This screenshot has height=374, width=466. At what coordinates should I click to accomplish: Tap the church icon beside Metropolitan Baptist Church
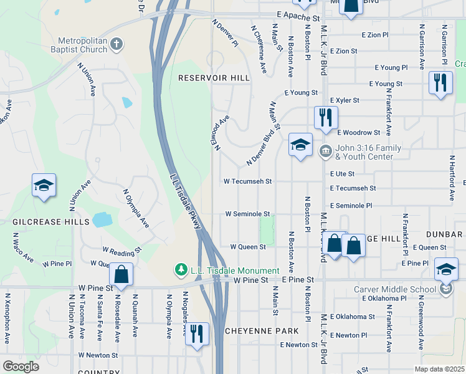click(117, 44)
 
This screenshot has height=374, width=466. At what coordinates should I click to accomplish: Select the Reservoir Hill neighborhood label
click(214, 78)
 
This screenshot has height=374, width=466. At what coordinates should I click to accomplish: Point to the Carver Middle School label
click(404, 289)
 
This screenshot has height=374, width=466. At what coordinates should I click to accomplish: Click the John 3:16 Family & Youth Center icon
click(325, 151)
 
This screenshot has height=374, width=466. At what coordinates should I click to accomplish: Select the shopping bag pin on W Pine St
click(121, 274)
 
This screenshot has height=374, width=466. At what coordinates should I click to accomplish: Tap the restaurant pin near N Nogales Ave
click(197, 333)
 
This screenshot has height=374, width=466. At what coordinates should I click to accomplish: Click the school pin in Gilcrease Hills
click(44, 186)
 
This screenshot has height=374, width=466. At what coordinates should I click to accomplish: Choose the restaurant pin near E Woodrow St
click(326, 117)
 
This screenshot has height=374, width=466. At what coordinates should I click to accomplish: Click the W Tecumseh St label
click(248, 181)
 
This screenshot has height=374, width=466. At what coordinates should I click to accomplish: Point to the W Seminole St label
click(247, 214)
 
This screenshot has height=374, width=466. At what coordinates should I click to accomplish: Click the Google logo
click(21, 366)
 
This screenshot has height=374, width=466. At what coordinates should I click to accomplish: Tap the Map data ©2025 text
click(439, 369)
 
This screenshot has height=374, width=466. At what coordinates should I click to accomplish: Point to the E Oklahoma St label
click(353, 317)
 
